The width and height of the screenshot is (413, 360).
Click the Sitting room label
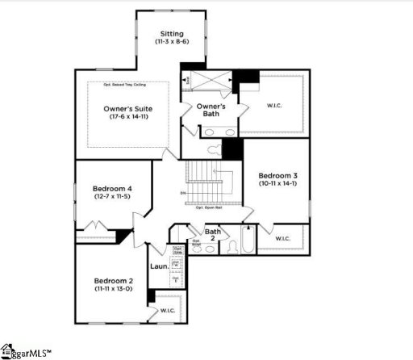(x=171, y=34)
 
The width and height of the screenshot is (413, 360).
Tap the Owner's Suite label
(x=128, y=107)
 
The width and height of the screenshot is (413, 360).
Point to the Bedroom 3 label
(x=277, y=175)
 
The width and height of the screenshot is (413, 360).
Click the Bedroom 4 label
(x=112, y=189)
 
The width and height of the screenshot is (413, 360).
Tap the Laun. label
(x=159, y=266)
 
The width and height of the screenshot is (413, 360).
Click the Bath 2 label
(x=211, y=234)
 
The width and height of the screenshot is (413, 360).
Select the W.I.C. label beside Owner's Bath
(x=275, y=106)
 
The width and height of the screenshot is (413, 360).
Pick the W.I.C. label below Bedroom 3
(x=283, y=238)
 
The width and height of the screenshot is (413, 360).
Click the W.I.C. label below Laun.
(x=168, y=310)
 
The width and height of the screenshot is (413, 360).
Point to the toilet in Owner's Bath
(x=214, y=149)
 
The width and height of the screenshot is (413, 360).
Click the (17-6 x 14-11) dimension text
(x=128, y=117)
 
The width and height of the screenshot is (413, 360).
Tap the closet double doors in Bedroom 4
(x=95, y=227)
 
